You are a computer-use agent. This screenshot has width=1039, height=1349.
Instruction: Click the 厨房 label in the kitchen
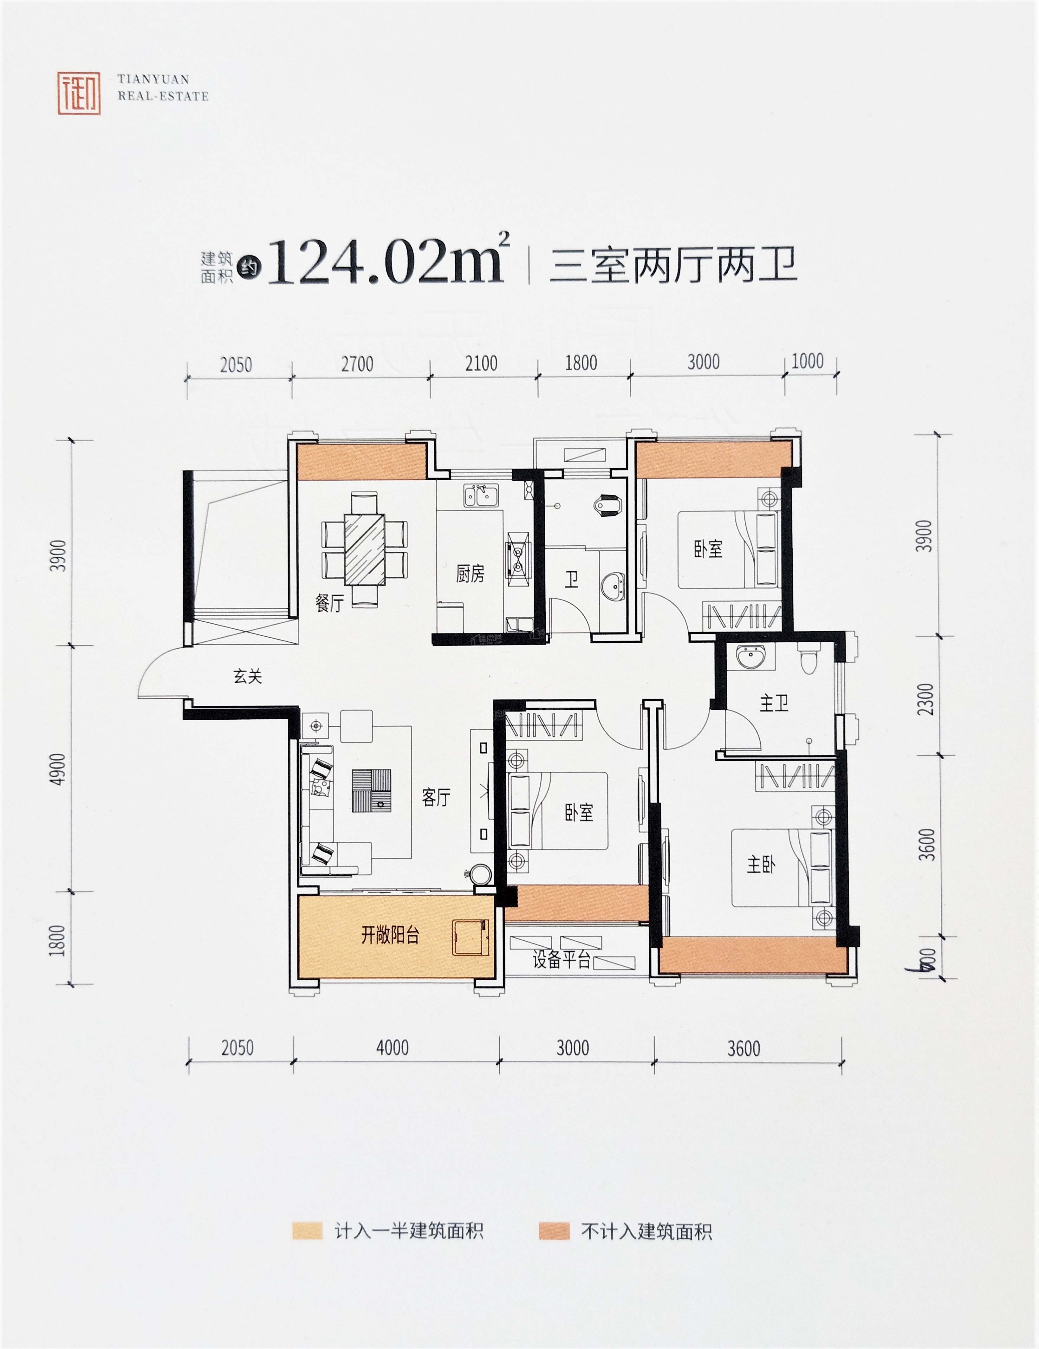coord(470,574)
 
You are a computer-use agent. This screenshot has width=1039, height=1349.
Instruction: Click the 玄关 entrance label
coord(248,676)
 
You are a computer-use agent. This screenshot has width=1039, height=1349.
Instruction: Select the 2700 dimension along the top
coord(358,364)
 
